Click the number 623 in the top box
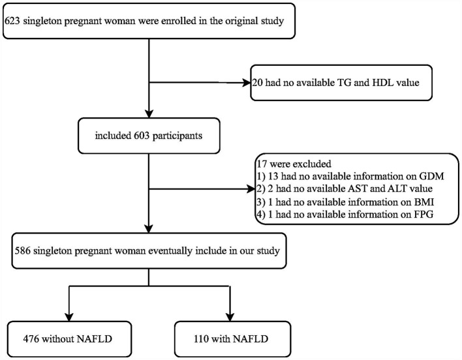tap(12, 21)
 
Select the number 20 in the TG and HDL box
tap(257, 83)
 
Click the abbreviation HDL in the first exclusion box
tap(383, 83)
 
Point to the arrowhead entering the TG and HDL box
tap(246, 83)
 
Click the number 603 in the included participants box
tap(142, 136)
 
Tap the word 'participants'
tap(177, 136)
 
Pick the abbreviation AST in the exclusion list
tap(358, 188)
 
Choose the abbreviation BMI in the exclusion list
tap(423, 202)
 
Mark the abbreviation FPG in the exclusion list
tap(422, 215)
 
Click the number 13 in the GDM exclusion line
tap(273, 176)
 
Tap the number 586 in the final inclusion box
tap(23, 251)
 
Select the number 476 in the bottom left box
tap(31, 339)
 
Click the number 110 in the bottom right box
tap(201, 339)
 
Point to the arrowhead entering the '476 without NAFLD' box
tap(69, 317)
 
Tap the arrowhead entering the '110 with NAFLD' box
tap(230, 317)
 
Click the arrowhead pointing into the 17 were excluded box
tap(251, 188)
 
